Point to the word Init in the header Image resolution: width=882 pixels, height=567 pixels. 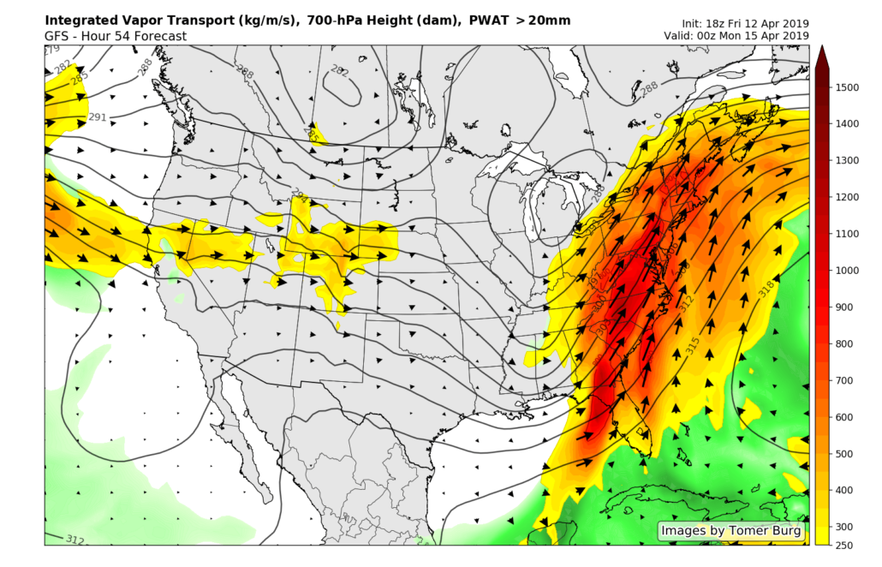693,23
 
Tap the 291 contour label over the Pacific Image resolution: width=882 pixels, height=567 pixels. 98,117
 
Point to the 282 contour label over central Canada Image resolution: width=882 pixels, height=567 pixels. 339,72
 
